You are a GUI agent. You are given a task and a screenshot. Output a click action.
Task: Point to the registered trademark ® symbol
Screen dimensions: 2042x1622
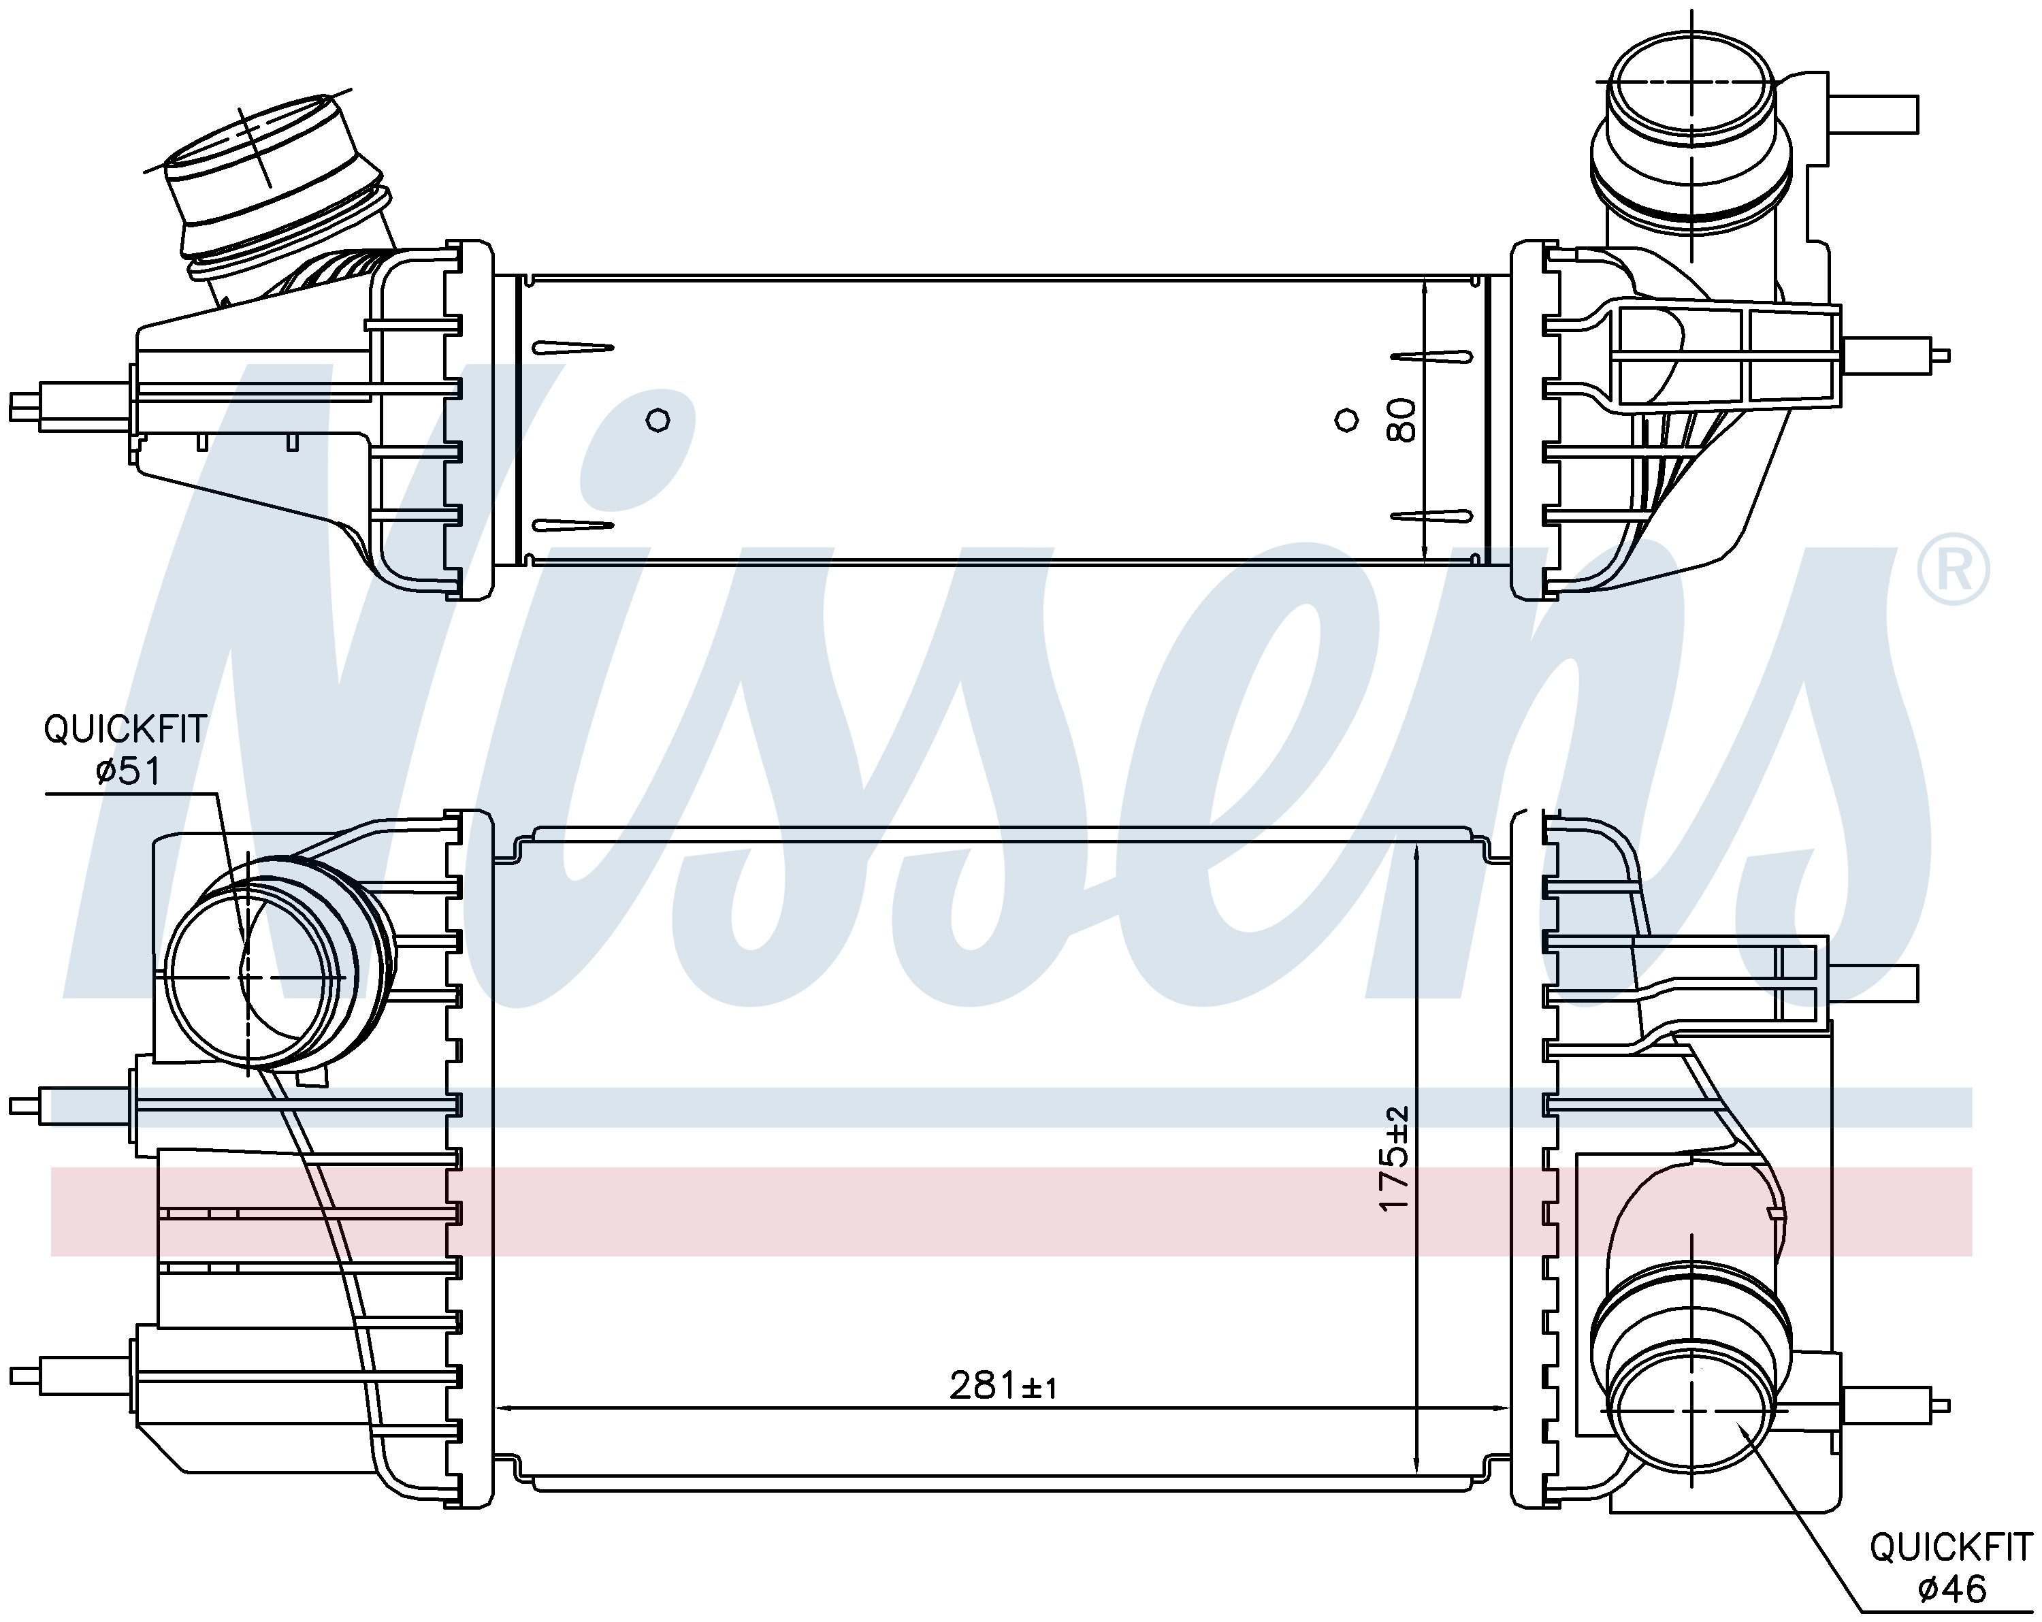coord(1953,570)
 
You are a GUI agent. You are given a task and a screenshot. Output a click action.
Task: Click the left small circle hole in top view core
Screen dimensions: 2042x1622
coord(658,419)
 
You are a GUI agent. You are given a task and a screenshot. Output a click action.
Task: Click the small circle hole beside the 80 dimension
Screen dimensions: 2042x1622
coord(1346,419)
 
